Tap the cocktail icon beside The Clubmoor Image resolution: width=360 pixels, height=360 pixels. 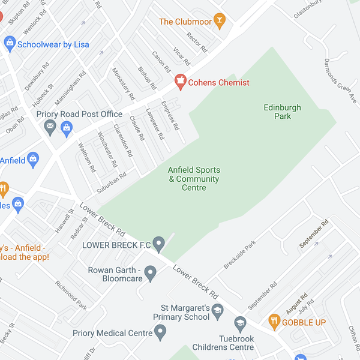[220, 22]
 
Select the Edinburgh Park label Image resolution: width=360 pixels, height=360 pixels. [282, 112]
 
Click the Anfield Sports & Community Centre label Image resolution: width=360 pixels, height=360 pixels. [193, 179]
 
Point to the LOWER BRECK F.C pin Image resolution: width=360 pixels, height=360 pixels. [158, 244]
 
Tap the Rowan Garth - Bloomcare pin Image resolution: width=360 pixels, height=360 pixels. [151, 274]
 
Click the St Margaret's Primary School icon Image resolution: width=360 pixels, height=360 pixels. [217, 310]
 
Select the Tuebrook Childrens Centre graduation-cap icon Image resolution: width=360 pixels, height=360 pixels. [240, 323]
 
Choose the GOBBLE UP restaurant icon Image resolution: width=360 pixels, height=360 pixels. [274, 321]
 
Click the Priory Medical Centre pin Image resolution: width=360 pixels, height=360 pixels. [160, 331]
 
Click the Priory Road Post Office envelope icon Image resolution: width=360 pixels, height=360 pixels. [50, 127]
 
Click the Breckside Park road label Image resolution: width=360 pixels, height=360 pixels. [239, 256]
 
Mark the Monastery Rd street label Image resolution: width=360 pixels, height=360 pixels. [124, 83]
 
